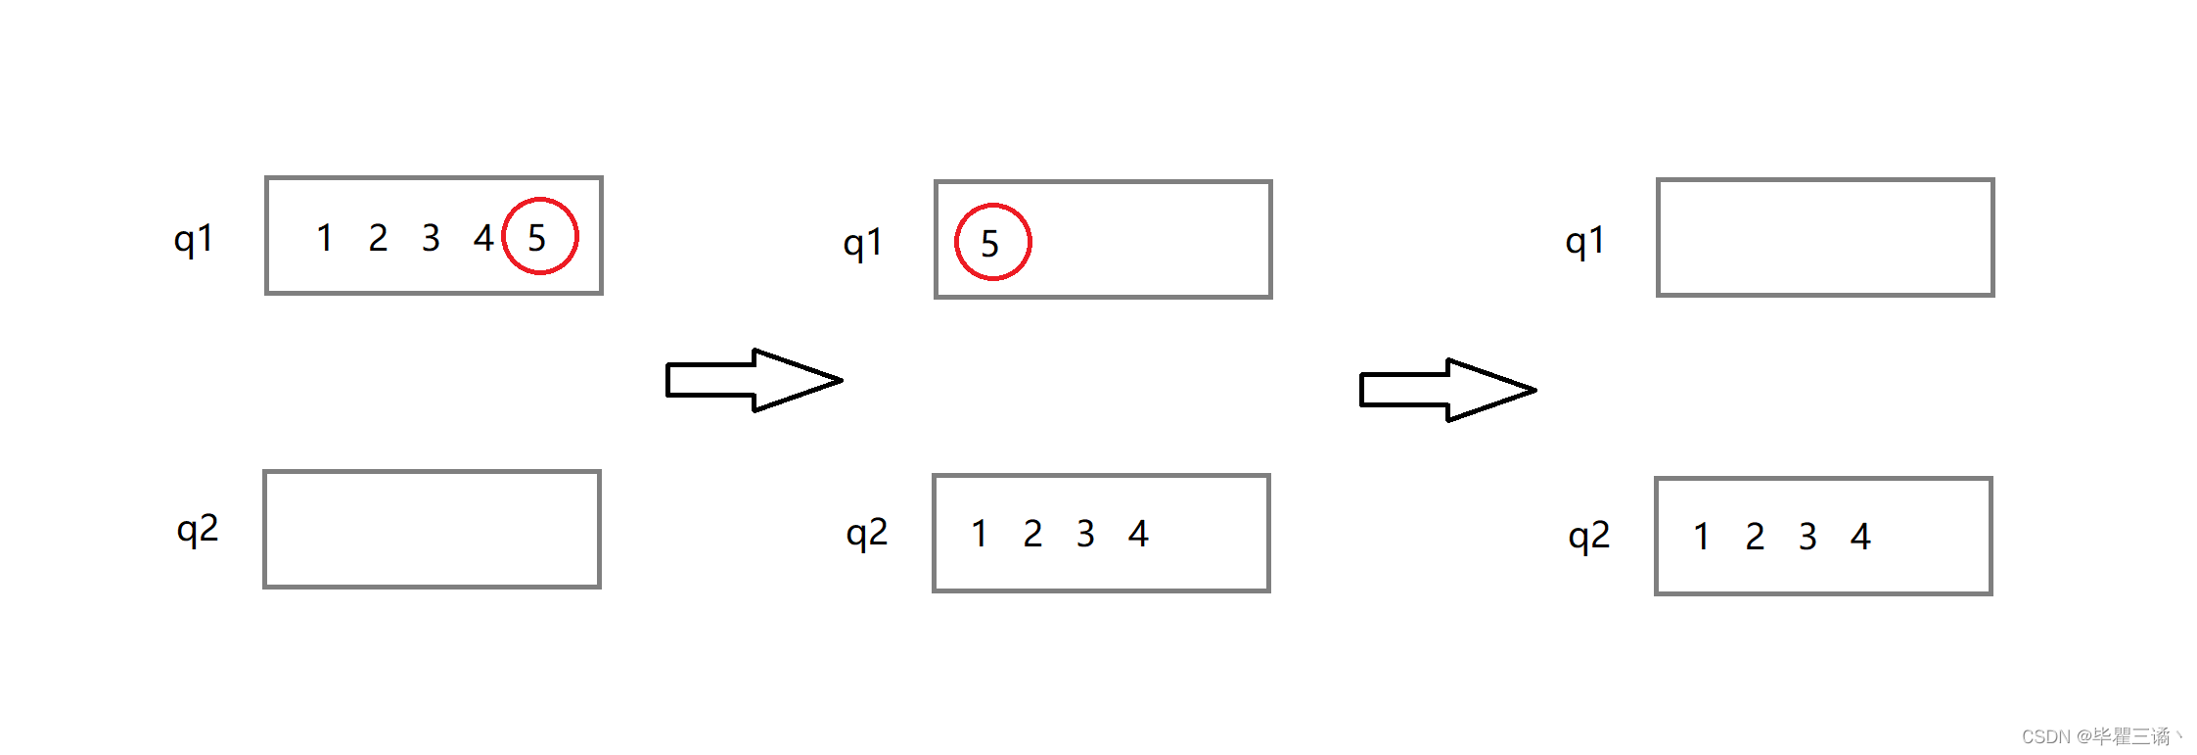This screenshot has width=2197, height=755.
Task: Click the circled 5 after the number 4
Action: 539,237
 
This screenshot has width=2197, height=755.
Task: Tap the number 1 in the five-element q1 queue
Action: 325,237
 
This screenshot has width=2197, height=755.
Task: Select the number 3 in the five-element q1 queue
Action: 431,237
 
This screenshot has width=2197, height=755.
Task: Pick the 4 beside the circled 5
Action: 483,237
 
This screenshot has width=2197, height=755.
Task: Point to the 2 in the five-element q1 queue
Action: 378,237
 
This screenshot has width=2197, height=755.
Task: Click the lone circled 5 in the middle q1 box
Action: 991,243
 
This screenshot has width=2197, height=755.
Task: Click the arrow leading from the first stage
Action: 753,380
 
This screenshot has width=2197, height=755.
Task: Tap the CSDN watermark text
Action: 2100,736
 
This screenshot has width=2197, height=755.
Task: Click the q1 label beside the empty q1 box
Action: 1584,241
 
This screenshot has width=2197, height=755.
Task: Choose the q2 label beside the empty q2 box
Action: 197,530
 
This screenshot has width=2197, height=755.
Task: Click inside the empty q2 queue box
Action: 432,530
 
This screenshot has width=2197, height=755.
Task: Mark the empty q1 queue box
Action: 1825,237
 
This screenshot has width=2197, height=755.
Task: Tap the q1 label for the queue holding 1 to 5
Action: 193,239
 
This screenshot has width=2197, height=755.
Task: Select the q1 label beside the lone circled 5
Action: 862,243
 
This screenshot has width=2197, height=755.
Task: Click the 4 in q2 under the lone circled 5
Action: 1138,534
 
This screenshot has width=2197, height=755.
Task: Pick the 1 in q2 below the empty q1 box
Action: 1702,537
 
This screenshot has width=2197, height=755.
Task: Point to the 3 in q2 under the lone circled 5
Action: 1085,534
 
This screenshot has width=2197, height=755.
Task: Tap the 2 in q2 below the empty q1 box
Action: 1755,537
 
